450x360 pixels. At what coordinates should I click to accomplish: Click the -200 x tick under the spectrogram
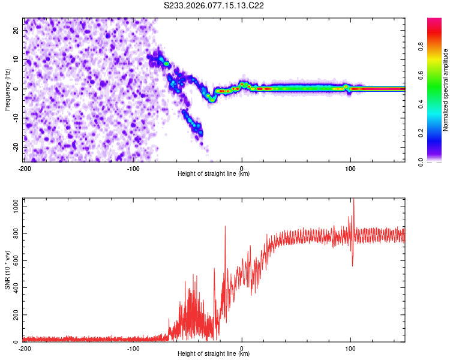pyautogui.click(x=25, y=169)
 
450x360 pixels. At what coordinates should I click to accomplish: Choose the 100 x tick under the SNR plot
pyautogui.click(x=350, y=348)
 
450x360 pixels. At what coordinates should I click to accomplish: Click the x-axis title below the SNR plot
pyautogui.click(x=214, y=355)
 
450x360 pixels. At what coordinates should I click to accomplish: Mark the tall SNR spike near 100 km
pyautogui.click(x=353, y=201)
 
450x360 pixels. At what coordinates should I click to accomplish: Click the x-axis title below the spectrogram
pyautogui.click(x=214, y=175)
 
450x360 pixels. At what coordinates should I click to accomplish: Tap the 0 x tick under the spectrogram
pyautogui.click(x=242, y=169)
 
